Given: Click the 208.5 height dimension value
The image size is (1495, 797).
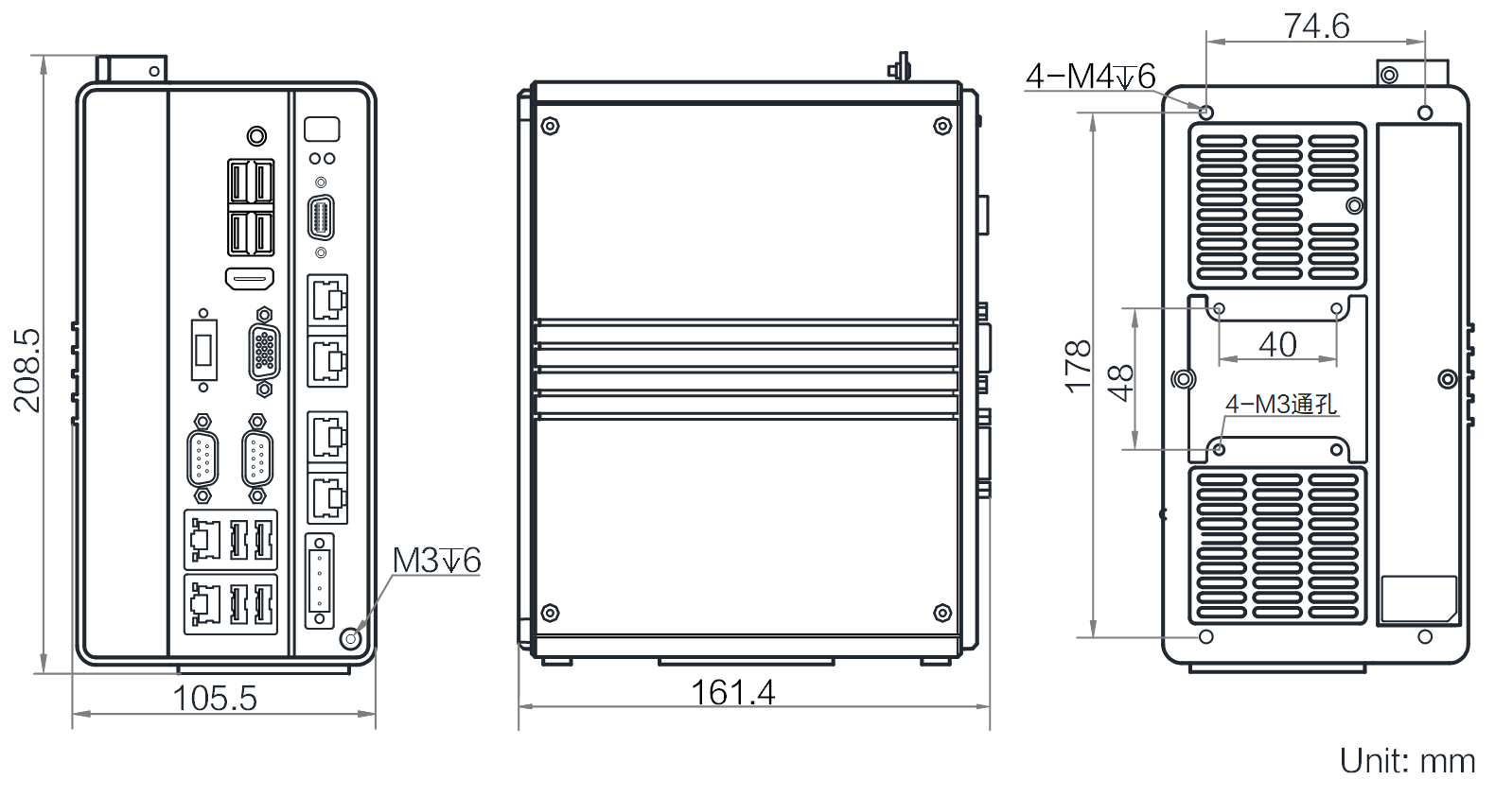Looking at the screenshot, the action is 27,371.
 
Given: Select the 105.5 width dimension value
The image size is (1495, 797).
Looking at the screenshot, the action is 215,699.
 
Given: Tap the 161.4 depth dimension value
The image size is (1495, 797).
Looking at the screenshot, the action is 732,692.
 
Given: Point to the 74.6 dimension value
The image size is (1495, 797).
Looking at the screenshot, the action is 1316,26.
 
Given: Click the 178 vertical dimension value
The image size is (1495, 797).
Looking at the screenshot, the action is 1077,366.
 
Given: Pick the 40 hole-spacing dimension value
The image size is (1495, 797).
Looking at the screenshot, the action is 1277,345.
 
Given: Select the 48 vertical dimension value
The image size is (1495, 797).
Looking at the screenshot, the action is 1120,383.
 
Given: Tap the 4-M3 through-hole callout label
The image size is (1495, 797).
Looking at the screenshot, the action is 1281,404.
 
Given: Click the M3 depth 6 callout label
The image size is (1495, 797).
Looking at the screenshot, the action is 436,561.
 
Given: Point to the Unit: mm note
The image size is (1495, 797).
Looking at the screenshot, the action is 1407,761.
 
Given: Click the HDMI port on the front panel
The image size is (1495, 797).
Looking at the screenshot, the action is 250,279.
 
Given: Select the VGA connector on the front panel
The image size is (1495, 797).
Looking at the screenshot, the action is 264,352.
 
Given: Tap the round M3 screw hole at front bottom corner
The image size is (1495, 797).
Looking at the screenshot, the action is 351,638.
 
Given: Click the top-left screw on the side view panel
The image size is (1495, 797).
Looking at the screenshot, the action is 550,126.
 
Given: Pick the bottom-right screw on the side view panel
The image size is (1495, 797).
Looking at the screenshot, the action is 942,613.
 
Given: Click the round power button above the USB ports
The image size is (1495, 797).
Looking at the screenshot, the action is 256,136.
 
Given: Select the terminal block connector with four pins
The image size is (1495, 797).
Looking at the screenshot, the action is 320,580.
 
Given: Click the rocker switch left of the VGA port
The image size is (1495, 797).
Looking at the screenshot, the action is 203,350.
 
